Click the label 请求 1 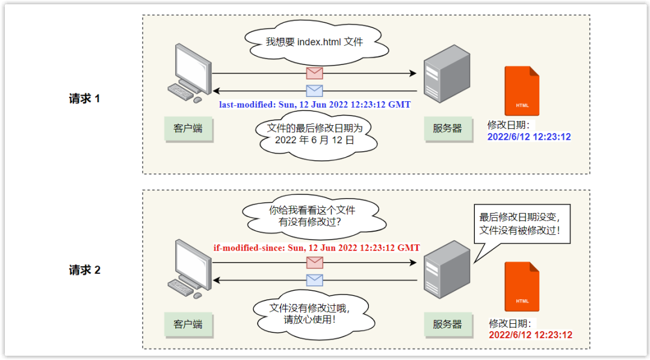[x=84, y=99]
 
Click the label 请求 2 [x=84, y=270]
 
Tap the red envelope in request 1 [x=314, y=73]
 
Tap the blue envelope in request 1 [x=314, y=91]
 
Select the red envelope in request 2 [x=314, y=262]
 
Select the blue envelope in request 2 [x=314, y=280]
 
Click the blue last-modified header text [x=314, y=104]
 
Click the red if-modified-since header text [x=317, y=247]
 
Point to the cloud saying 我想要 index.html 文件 [x=315, y=42]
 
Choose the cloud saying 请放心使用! [x=309, y=314]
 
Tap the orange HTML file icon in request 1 [x=522, y=91]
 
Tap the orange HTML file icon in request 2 [x=522, y=287]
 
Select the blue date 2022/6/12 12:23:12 [x=529, y=137]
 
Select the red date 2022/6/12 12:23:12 [x=530, y=335]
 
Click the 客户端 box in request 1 [x=188, y=128]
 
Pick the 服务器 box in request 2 [x=447, y=324]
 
